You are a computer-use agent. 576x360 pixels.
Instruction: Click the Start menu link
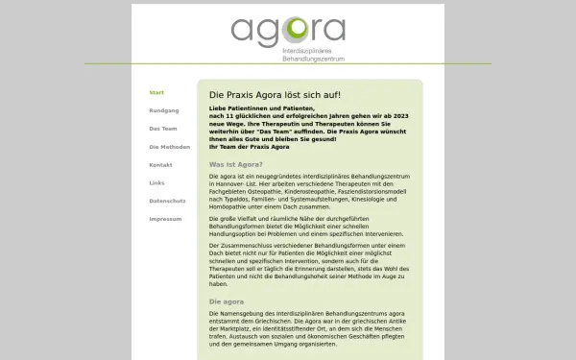coord(156,92)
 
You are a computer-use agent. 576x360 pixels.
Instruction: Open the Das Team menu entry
coord(163,129)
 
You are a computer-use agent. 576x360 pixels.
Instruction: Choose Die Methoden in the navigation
coord(169,147)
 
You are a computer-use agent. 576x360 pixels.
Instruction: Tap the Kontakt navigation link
coord(160,165)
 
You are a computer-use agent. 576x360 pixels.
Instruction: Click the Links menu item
coord(157,182)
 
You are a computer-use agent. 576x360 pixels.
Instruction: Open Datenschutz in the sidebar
coord(167,201)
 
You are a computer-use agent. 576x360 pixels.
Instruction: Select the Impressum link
coord(164,219)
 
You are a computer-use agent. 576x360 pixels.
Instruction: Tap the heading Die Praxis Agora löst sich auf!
coord(275,97)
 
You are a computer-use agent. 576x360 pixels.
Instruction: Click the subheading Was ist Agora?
coord(236,164)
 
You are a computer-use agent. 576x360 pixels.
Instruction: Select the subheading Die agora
coord(227,301)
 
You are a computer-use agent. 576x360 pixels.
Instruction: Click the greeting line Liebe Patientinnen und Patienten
coord(260,111)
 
